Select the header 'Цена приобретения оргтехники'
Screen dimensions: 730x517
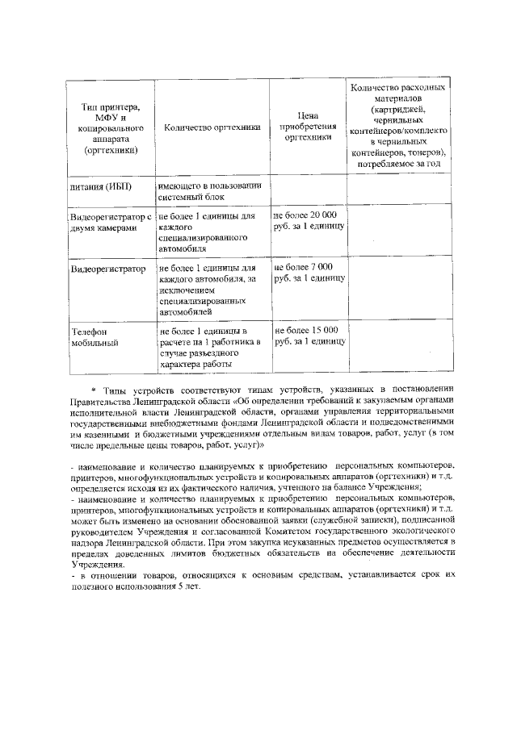coord(308,127)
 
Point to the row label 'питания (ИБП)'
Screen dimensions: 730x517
coord(101,187)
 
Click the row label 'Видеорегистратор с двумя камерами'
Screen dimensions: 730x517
coord(111,223)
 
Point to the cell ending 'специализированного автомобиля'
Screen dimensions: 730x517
coord(211,233)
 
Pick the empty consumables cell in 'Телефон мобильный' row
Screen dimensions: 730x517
coord(398,348)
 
